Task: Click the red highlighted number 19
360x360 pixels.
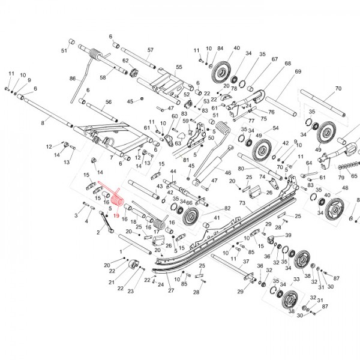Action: pyautogui.click(x=117, y=214)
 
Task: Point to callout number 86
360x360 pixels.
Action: pyautogui.click(x=73, y=79)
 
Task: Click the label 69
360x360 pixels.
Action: pyautogui.click(x=297, y=71)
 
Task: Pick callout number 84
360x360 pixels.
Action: pyautogui.click(x=220, y=48)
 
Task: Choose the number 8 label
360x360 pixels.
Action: pyautogui.click(x=43, y=123)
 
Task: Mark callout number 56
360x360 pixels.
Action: pyautogui.click(x=109, y=103)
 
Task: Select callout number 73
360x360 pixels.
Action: pyautogui.click(x=242, y=203)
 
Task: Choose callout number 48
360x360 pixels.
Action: pyautogui.click(x=345, y=188)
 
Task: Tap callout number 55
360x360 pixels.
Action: pyautogui.click(x=179, y=67)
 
